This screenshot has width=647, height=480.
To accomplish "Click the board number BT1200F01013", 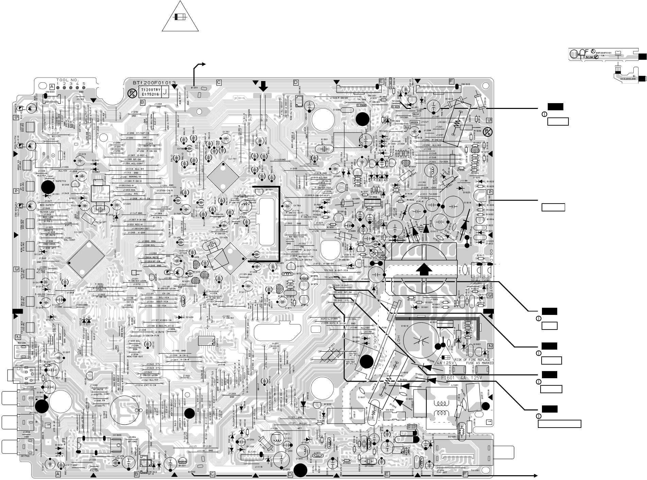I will (154, 83).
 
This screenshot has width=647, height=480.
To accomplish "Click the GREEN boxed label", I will (414, 122).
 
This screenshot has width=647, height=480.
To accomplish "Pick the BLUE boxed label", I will (416, 114).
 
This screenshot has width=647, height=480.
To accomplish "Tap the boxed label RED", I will (407, 127).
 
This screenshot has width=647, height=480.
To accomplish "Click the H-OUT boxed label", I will (395, 107).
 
